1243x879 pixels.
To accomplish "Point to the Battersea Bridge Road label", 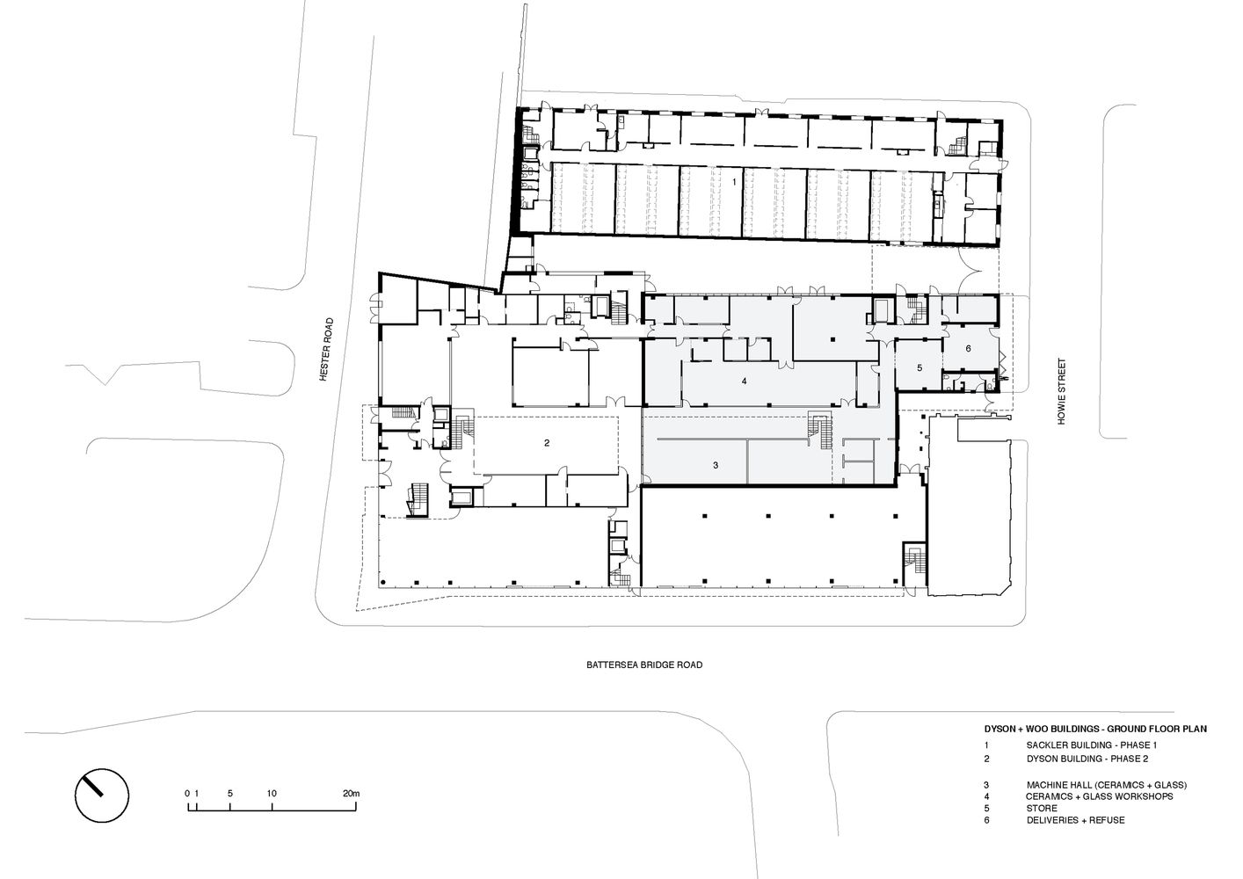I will (x=644, y=665).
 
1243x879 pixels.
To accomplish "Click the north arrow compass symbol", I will (x=102, y=797).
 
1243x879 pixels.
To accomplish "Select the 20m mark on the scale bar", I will (x=351, y=794).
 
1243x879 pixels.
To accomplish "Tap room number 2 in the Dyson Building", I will (x=547, y=442).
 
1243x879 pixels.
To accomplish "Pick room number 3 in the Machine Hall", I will (x=716, y=464).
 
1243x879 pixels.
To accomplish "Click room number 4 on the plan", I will (x=744, y=381).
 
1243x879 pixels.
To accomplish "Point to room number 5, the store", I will (x=919, y=367).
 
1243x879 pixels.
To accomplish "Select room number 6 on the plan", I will (x=968, y=348).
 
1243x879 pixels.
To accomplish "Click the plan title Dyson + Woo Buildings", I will (x=1094, y=729).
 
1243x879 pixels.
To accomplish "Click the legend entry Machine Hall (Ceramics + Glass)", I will (x=1106, y=784).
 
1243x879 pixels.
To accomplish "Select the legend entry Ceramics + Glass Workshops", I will (x=1099, y=796).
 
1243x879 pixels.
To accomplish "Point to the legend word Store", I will (x=1041, y=808).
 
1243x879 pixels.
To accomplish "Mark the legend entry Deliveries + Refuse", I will (x=1074, y=820).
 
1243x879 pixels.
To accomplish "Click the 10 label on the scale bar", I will (x=273, y=794).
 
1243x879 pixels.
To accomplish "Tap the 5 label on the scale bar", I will (x=229, y=794).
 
